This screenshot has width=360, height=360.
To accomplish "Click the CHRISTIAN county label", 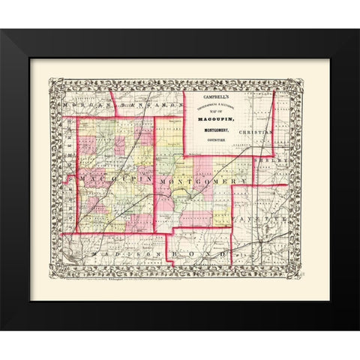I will click(x=255, y=131).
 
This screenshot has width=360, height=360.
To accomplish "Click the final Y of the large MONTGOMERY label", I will click(x=244, y=182).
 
